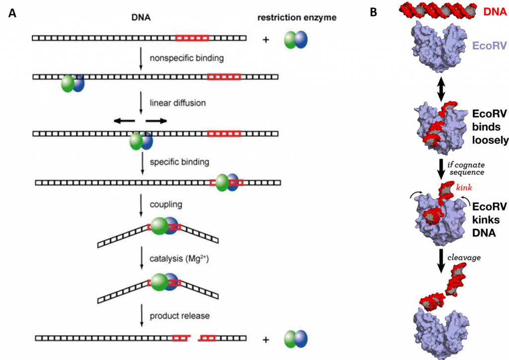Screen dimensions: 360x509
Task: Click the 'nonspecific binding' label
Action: click(186, 58)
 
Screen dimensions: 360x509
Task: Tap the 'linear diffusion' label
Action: click(177, 103)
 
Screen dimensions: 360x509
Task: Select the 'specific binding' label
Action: click(179, 162)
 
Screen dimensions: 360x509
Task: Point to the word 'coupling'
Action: click(166, 204)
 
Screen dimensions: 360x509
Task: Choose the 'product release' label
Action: click(179, 316)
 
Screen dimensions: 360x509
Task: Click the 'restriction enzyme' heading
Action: click(297, 18)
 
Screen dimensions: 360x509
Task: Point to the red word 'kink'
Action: click(464, 188)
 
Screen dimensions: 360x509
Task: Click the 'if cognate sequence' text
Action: click(466, 168)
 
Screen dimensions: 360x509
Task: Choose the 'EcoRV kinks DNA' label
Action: click(490, 219)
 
